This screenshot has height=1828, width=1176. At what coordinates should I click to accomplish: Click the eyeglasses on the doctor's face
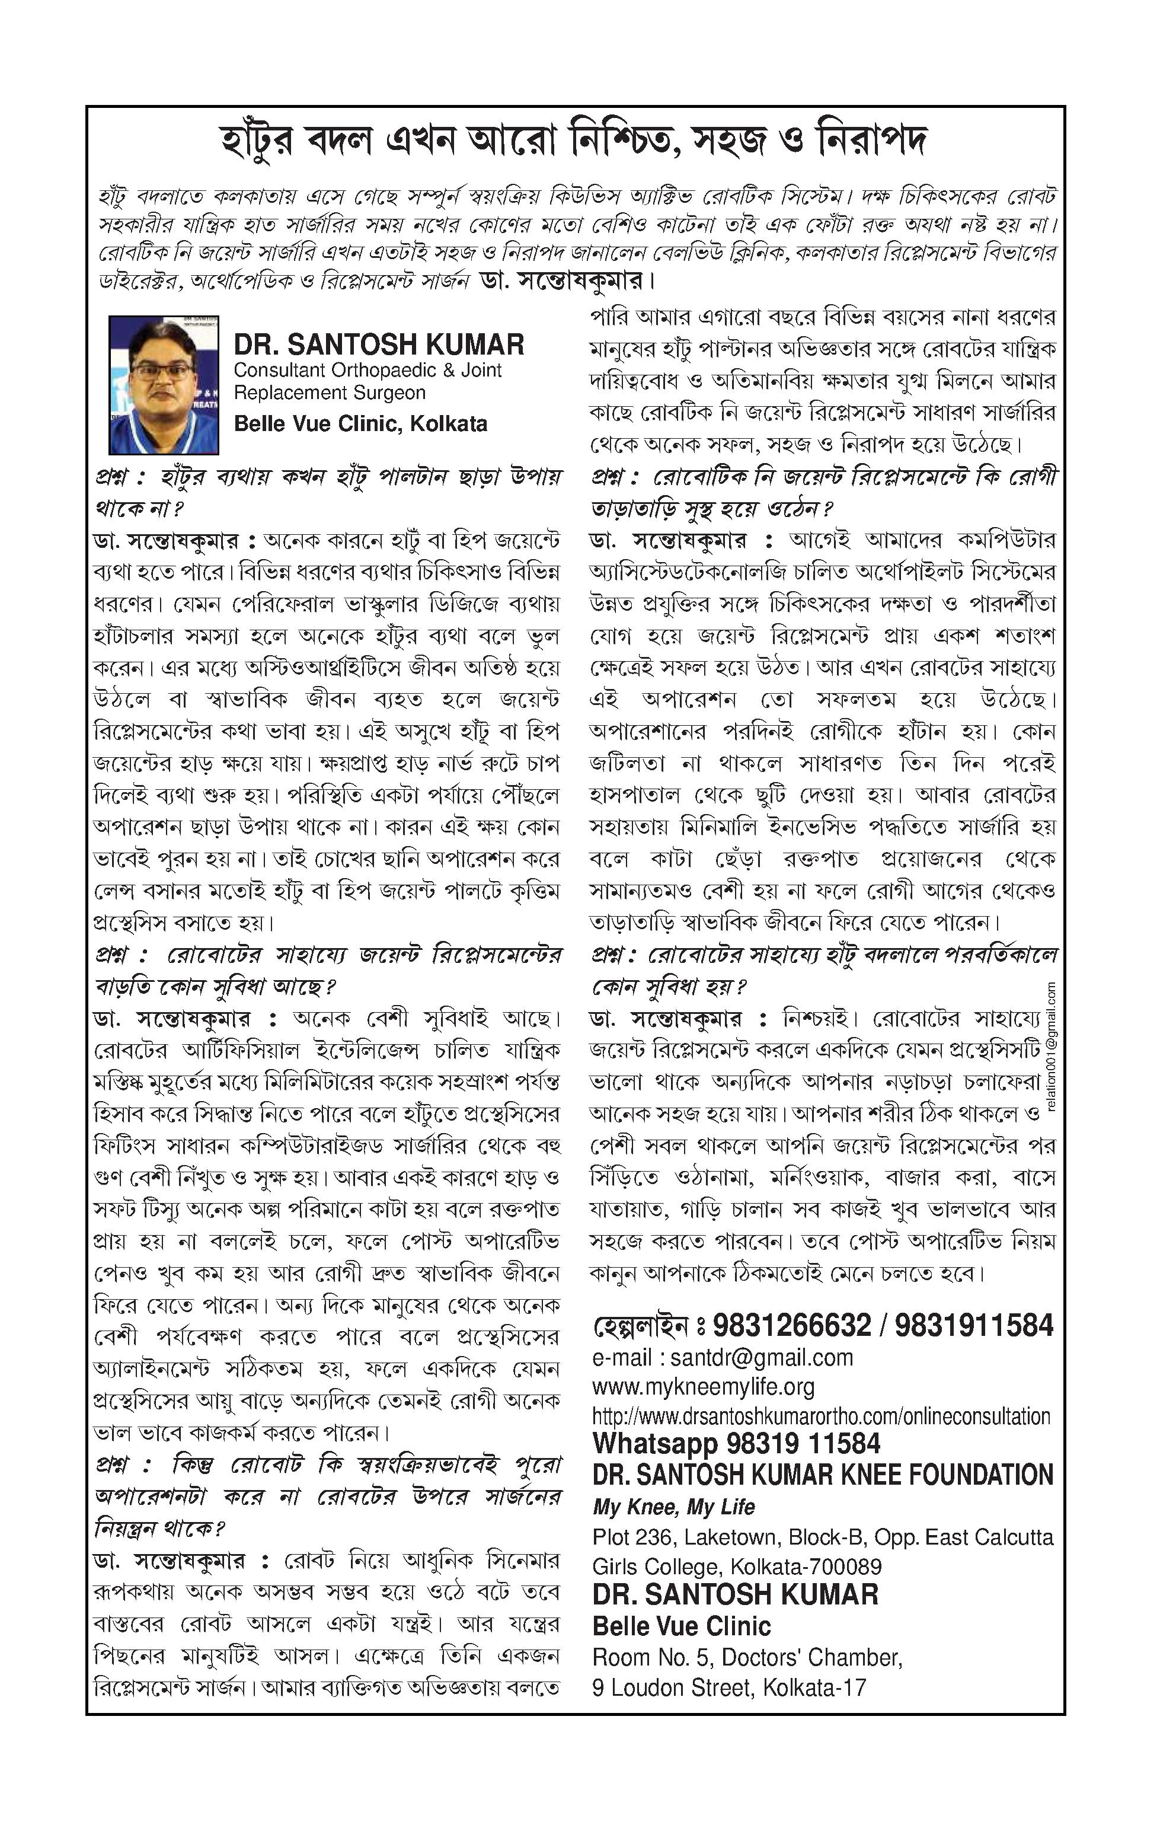click(161, 372)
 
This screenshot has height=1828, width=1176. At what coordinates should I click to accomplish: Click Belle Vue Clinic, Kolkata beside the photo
click(360, 424)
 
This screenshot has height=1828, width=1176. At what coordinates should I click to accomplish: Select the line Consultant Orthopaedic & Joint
click(367, 371)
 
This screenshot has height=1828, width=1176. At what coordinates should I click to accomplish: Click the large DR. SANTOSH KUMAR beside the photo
click(379, 344)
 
